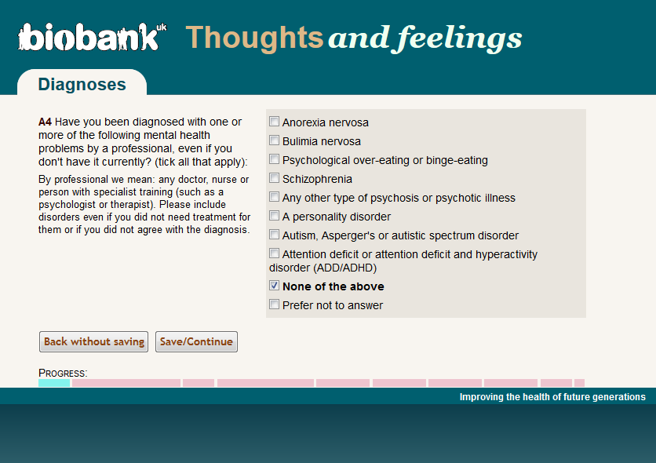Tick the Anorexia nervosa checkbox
click(x=274, y=122)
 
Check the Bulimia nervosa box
click(x=274, y=140)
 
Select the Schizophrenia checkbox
click(x=274, y=178)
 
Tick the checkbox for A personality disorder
click(x=274, y=215)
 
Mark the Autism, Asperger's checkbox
click(x=274, y=234)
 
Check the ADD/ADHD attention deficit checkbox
click(x=274, y=253)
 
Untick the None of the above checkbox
click(x=274, y=285)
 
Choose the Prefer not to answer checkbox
click(x=274, y=304)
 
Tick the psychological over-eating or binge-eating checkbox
click(x=274, y=159)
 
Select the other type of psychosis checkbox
click(x=274, y=196)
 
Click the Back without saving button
click(x=93, y=341)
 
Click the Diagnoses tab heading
click(x=82, y=85)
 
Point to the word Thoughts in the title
click(x=254, y=38)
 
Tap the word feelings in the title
click(x=459, y=38)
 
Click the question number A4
click(x=45, y=122)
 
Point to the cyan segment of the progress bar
click(x=54, y=383)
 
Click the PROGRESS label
click(x=63, y=373)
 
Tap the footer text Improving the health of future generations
click(x=552, y=397)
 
